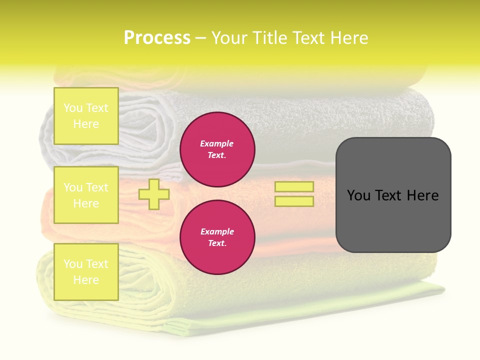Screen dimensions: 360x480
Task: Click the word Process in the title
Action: (157, 38)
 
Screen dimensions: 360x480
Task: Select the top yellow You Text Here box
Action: (86, 116)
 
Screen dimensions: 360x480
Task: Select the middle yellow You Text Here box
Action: (86, 195)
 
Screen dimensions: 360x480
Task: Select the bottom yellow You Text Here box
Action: (86, 271)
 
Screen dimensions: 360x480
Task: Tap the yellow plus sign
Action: (154, 194)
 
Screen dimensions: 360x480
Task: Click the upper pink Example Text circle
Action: (217, 149)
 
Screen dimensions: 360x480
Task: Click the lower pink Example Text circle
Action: (217, 237)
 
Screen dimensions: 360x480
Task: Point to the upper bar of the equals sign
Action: (294, 187)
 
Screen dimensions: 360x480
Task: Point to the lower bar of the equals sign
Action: (294, 201)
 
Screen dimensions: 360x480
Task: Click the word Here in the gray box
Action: (422, 195)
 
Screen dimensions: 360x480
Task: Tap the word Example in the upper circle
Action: (217, 143)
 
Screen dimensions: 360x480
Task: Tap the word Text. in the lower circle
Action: (217, 243)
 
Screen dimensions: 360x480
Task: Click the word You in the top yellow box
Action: (73, 108)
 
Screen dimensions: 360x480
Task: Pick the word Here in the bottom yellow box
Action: (86, 280)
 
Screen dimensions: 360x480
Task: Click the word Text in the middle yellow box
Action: (96, 187)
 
